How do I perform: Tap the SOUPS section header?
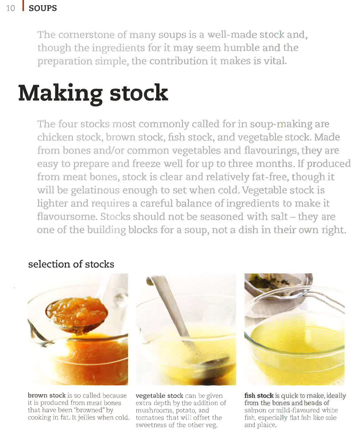tap(43, 8)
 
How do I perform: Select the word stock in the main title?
tap(139, 93)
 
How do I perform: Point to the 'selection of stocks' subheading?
tap(71, 264)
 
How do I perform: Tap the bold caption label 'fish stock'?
tap(259, 395)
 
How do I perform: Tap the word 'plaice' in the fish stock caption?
tap(267, 425)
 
